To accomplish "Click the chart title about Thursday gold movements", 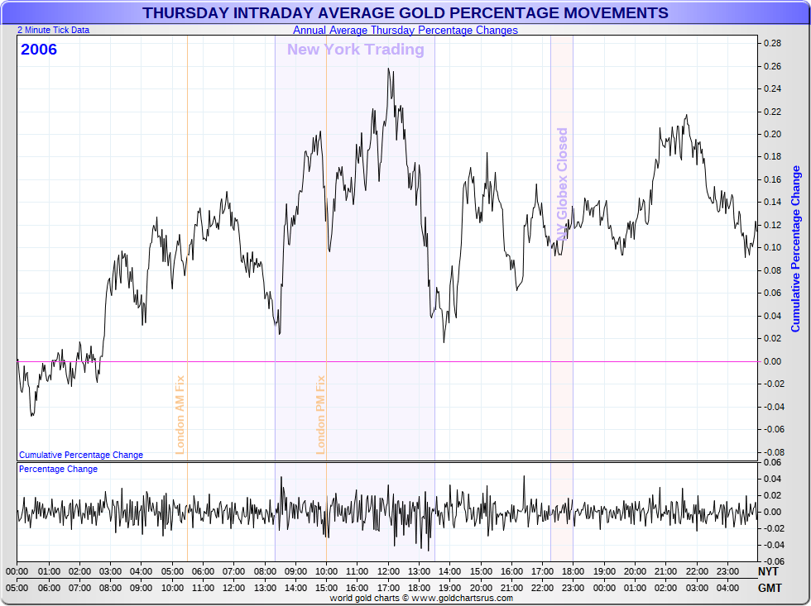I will (x=405, y=13).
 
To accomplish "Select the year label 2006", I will (x=39, y=50).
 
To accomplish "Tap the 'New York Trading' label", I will (x=355, y=50).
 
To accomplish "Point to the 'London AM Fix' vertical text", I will (x=180, y=414).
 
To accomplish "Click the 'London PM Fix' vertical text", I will (x=321, y=414).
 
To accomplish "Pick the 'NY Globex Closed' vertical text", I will (x=563, y=184).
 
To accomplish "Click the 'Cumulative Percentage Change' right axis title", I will (x=796, y=249).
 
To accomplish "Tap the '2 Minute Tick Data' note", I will (x=54, y=30).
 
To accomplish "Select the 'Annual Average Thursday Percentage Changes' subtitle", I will (x=405, y=31).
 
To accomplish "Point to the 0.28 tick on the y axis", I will (x=772, y=43).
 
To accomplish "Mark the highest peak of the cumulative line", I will (x=389, y=69).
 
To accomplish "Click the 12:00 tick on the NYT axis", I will (x=388, y=571).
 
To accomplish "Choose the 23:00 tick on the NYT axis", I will (x=728, y=571).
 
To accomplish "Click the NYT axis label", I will (x=769, y=571).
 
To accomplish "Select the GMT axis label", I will (x=769, y=588).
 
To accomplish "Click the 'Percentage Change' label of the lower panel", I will (x=58, y=470).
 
